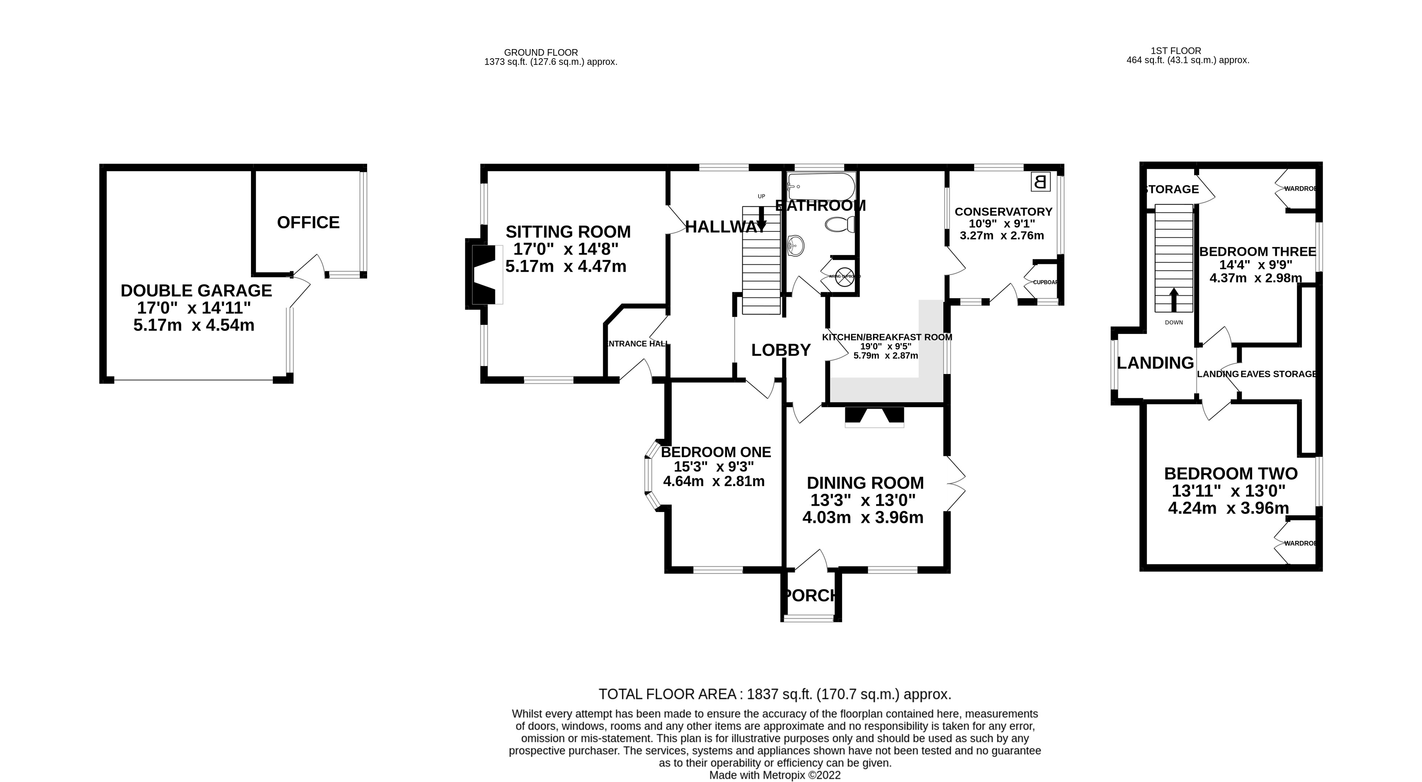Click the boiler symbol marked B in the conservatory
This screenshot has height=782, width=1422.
tap(1040, 182)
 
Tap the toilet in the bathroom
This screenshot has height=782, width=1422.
tap(840, 224)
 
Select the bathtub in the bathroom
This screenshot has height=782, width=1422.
tap(821, 186)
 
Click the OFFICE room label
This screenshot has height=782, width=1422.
tap(308, 222)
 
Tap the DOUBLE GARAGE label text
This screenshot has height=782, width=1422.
tap(196, 290)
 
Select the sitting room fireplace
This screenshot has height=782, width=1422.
tap(485, 274)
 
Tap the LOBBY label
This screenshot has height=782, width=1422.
tap(780, 350)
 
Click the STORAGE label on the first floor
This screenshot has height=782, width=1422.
tap(1172, 189)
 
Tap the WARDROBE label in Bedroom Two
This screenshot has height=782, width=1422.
tap(1300, 544)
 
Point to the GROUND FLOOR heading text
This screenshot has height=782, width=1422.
tap(540, 52)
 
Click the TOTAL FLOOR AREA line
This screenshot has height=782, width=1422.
tap(775, 694)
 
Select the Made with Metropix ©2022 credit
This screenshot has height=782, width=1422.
tap(775, 775)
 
